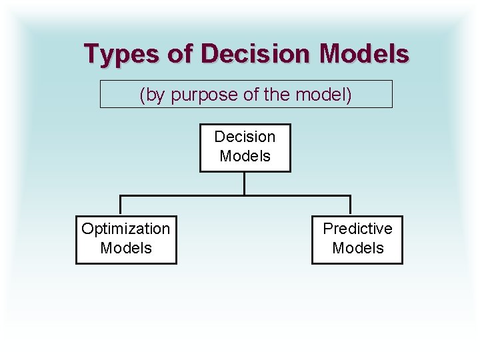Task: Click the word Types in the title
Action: [x=121, y=53]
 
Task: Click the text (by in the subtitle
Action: [x=153, y=95]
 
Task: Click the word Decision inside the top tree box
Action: [x=245, y=137]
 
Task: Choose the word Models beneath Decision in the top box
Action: [x=245, y=156]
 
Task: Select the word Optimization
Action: [x=125, y=229]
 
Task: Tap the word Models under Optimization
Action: [x=125, y=248]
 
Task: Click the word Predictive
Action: [x=357, y=229]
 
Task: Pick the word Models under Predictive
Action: [x=357, y=248]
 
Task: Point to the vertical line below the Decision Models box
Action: [x=245, y=183]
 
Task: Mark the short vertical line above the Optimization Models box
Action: [x=120, y=205]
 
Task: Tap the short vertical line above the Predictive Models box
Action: [x=350, y=205]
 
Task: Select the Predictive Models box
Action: [x=357, y=240]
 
